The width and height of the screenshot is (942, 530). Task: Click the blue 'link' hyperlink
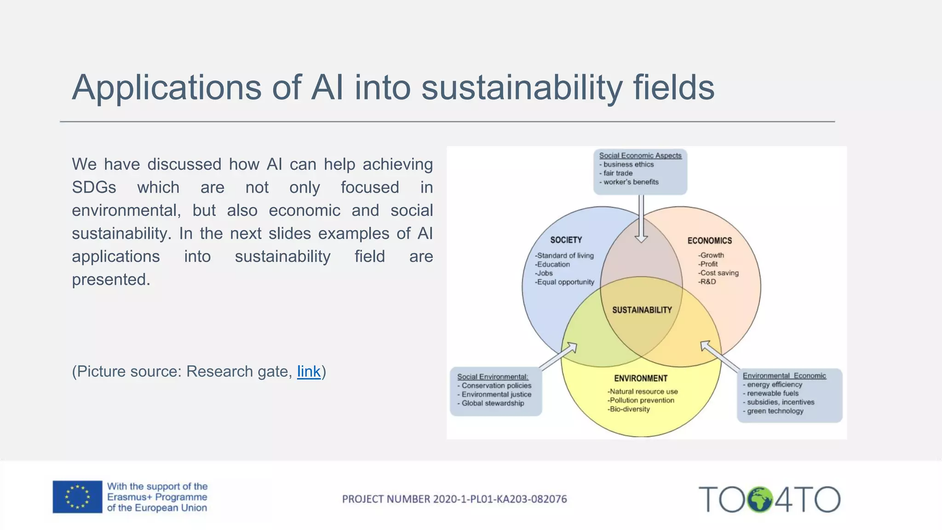click(309, 371)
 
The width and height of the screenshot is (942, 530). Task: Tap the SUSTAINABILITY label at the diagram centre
click(642, 310)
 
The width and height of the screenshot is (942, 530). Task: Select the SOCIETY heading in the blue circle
click(566, 240)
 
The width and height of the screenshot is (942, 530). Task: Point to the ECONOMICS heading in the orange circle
click(709, 241)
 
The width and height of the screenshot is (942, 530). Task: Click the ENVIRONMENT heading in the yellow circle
click(640, 378)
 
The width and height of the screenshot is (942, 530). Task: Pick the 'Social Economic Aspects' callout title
click(640, 156)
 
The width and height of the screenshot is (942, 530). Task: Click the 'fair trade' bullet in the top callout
click(618, 173)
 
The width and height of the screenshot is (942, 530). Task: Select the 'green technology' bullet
click(775, 411)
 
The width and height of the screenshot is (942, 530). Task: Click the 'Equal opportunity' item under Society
click(565, 282)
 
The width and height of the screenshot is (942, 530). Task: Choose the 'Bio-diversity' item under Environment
click(629, 409)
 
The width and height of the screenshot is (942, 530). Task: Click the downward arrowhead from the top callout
click(641, 239)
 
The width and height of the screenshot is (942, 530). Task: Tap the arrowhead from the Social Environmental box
click(572, 347)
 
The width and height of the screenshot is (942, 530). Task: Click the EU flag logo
click(77, 497)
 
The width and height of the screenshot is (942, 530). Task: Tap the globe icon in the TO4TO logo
click(759, 500)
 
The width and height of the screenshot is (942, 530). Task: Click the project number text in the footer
click(454, 499)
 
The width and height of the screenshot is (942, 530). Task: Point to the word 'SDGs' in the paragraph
click(94, 187)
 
